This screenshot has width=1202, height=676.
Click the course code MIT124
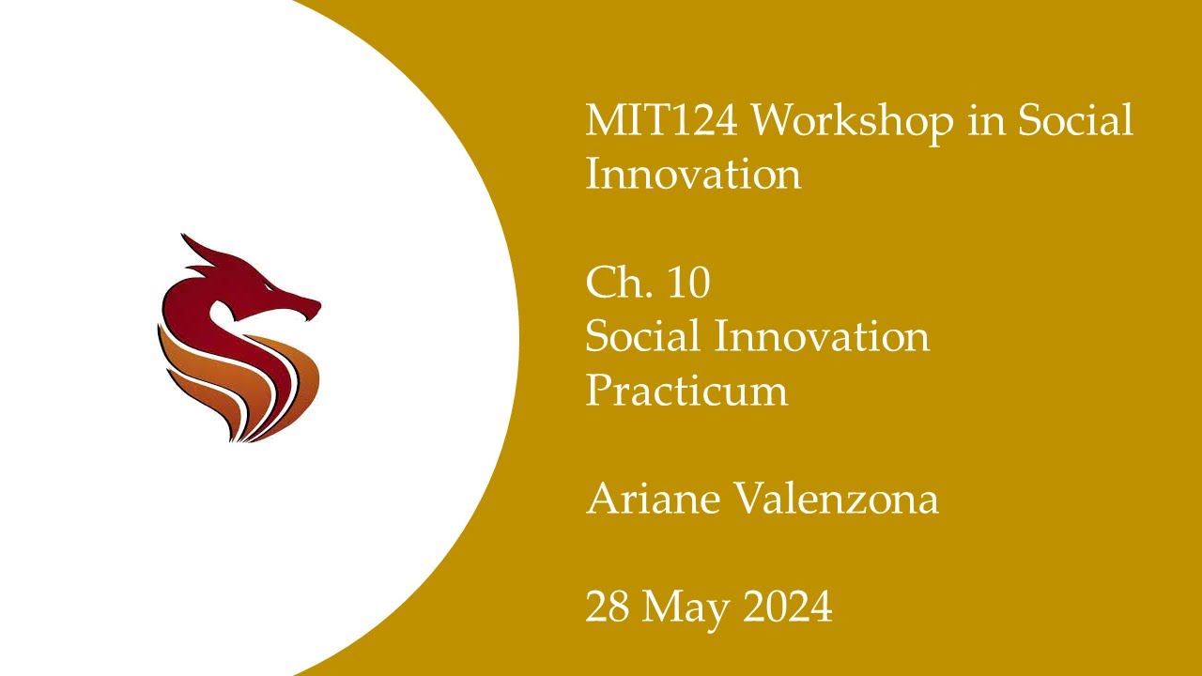point(659,120)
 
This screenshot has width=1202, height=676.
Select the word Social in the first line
point(1075,120)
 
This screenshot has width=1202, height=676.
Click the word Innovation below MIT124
point(693,175)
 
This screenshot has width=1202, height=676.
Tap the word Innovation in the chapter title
point(822,336)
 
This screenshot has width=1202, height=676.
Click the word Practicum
point(686,391)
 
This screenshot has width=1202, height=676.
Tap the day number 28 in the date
point(608,607)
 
